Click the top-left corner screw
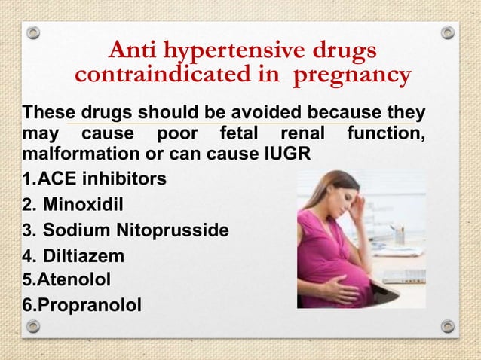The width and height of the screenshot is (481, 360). (32, 33)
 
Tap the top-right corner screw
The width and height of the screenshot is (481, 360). (448, 33)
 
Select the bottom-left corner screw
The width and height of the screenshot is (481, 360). (32, 326)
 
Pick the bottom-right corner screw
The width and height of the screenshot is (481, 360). (448, 326)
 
